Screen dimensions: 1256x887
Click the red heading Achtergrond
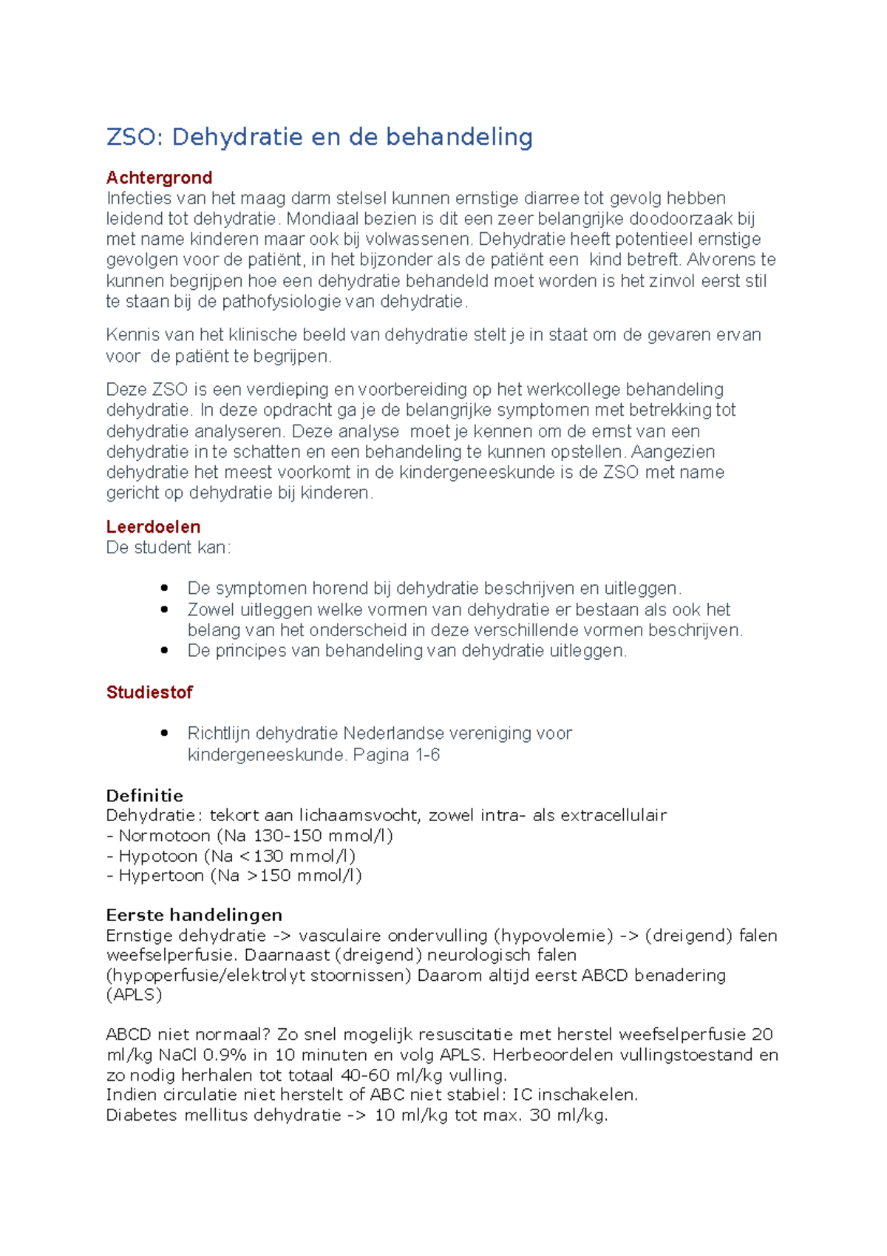pos(159,178)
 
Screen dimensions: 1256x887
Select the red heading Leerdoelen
pos(153,527)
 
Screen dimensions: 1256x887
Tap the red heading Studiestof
pos(149,692)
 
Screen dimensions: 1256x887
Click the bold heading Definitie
pos(144,796)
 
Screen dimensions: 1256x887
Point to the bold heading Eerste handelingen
pos(194,915)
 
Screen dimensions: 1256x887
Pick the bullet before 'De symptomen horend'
pos(164,589)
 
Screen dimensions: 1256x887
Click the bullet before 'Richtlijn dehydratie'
pos(164,734)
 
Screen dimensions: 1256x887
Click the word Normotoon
pos(164,836)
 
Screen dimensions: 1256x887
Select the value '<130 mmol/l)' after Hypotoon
pos(299,856)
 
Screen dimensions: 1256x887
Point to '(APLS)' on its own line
pos(134,995)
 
